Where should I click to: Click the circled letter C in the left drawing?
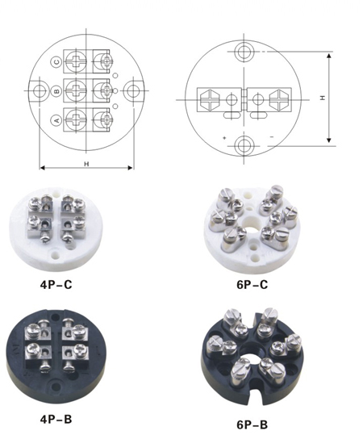tap(57, 61)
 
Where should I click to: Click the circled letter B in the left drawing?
tap(57, 91)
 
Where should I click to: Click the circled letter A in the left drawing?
tap(56, 121)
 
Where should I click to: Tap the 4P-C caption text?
tap(56, 285)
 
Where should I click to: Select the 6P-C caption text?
tap(252, 285)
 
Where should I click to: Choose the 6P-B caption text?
tap(252, 425)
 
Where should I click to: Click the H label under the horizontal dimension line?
tap(87, 164)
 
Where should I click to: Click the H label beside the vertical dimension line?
tap(323, 98)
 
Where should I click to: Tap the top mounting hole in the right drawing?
tap(244, 52)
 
